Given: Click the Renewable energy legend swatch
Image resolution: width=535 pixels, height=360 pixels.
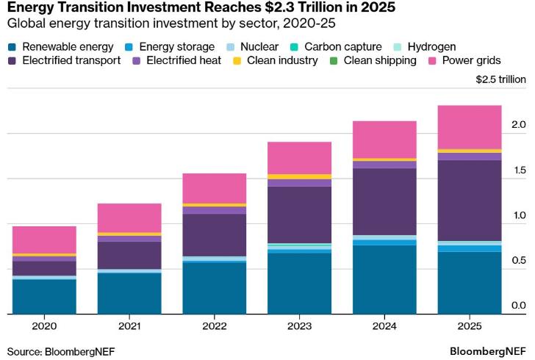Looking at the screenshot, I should click(11, 46).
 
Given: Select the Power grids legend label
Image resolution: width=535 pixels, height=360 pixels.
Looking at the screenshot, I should click(472, 60).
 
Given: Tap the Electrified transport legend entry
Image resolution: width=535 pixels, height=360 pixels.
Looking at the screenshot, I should click(71, 60).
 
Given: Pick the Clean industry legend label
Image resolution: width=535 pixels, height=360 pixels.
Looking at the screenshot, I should click(283, 60).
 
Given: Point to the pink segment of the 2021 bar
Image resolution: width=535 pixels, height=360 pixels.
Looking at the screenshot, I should click(129, 217).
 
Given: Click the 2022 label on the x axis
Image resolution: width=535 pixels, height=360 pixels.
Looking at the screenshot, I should click(214, 325).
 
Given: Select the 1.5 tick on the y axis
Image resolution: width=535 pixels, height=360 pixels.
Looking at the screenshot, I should click(519, 170).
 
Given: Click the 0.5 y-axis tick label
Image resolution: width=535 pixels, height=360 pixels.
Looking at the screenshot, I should click(519, 261).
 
